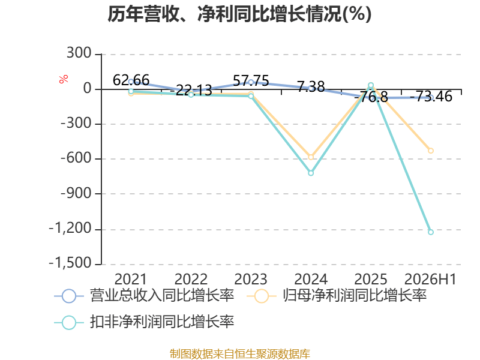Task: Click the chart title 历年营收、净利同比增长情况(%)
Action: tap(239, 14)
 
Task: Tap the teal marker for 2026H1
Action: tap(431, 232)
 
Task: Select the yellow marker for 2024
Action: tap(311, 157)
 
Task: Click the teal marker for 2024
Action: tap(311, 173)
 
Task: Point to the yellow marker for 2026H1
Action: tap(431, 151)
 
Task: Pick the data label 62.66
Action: tap(131, 80)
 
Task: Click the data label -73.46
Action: tap(431, 97)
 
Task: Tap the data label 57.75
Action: tap(251, 81)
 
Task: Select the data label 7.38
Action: tap(311, 86)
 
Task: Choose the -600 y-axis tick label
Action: tap(76, 158)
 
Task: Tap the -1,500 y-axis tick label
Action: tap(70, 263)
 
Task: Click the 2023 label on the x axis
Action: tap(251, 279)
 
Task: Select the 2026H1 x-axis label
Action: tap(430, 279)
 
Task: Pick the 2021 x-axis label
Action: tap(131, 279)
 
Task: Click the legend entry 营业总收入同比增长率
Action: tap(144, 296)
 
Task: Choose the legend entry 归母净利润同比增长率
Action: tap(337, 296)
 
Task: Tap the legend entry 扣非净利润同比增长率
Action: tap(144, 322)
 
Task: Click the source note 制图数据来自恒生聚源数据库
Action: tap(240, 354)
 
